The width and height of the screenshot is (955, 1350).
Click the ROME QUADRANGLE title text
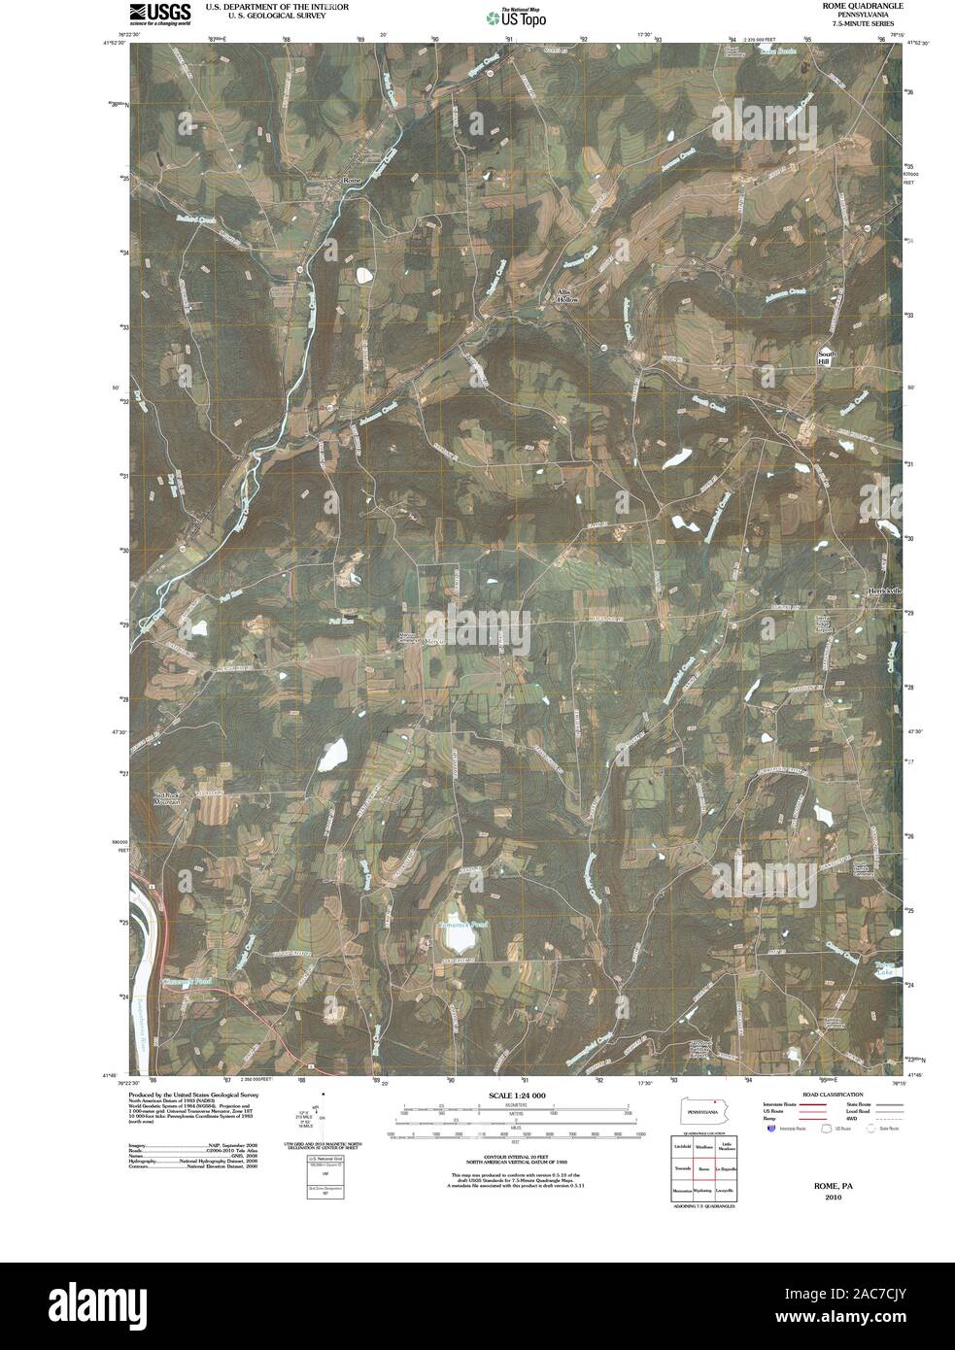pos(848,6)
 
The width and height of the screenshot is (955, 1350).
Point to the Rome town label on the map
pos(351,181)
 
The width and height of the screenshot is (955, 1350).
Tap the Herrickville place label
pos(884,591)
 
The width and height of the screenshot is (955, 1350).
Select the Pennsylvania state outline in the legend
pos(702,1111)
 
